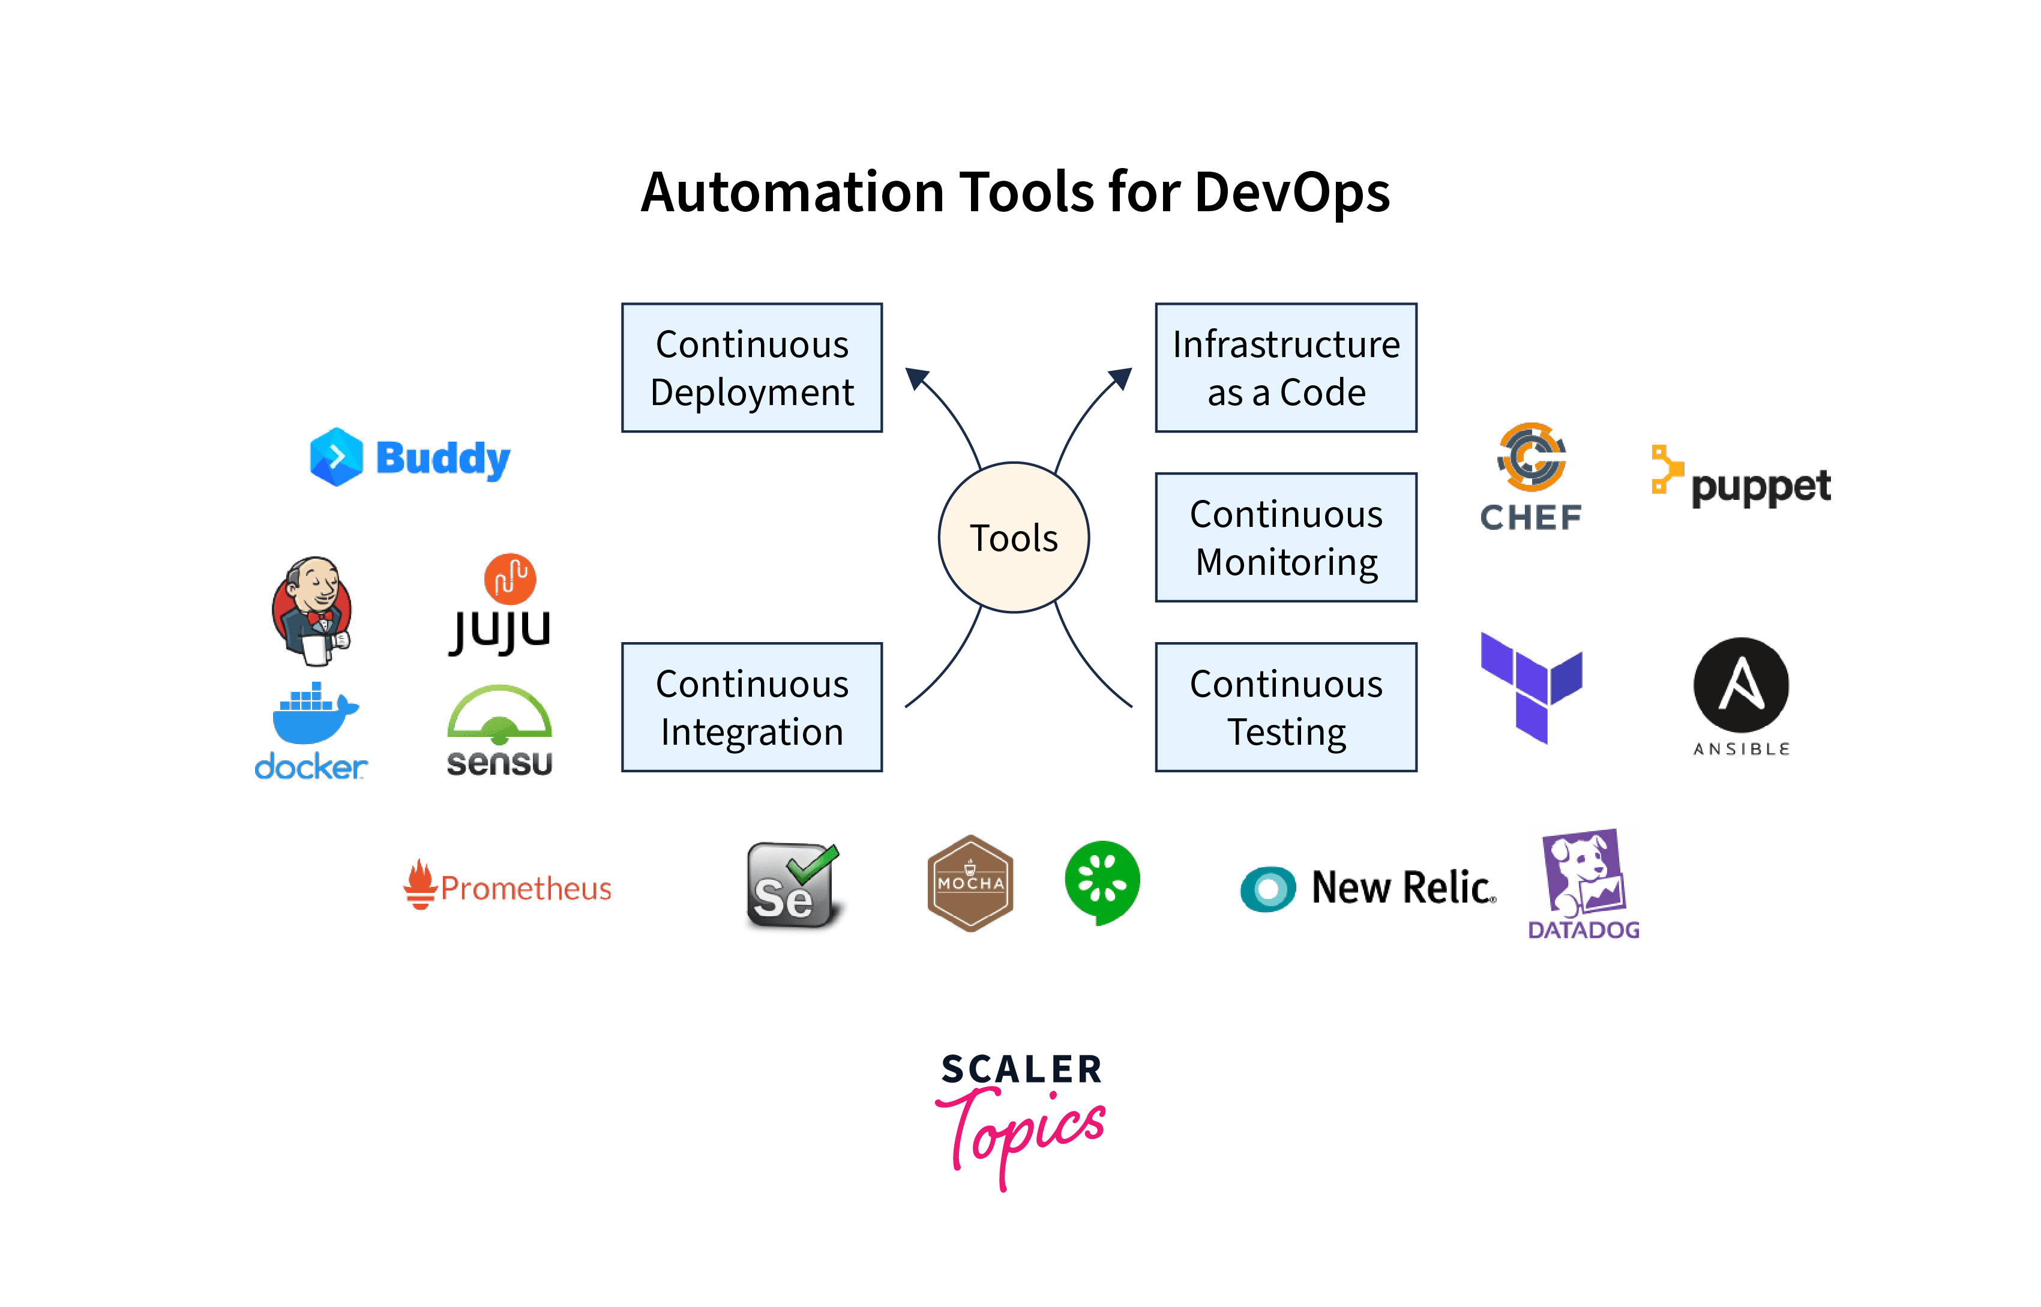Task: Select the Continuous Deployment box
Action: (x=752, y=367)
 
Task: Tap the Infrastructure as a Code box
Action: (x=1285, y=367)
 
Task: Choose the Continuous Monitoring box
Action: (x=1285, y=537)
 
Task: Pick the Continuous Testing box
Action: (x=1285, y=707)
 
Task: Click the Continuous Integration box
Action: (x=752, y=707)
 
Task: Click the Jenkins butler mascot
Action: (x=312, y=609)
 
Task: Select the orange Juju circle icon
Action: (x=510, y=579)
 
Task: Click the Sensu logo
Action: (x=500, y=730)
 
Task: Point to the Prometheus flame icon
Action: (x=419, y=885)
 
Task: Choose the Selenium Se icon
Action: (x=791, y=885)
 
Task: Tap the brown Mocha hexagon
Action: (x=970, y=883)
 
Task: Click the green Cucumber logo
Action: (x=1102, y=881)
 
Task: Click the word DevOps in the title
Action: (x=1291, y=192)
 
